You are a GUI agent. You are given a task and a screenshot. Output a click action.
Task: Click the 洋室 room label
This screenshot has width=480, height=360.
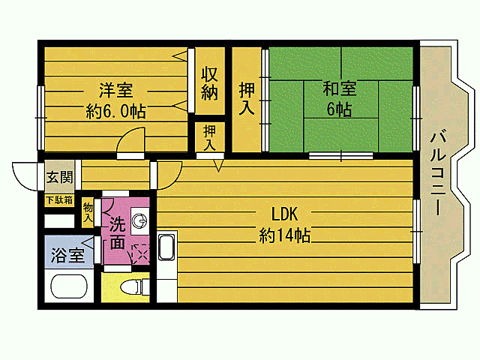[116, 91]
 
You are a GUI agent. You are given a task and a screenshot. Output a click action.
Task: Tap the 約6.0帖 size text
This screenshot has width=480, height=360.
[115, 111]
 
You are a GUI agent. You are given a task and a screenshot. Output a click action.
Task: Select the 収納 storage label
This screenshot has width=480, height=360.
[209, 84]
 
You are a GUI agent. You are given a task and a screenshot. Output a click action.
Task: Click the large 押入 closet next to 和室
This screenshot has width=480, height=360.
[246, 98]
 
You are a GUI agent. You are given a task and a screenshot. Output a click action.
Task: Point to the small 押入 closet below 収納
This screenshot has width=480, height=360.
[209, 136]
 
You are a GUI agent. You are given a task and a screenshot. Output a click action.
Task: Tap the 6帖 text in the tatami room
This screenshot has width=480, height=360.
[339, 109]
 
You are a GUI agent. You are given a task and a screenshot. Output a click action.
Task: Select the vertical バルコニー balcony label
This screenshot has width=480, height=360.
[438, 174]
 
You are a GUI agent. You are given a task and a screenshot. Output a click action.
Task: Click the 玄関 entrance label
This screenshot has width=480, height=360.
[60, 178]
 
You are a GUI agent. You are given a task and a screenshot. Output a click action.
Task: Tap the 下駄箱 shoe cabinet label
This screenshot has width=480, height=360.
[58, 200]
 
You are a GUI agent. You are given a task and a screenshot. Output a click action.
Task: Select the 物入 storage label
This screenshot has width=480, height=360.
[88, 211]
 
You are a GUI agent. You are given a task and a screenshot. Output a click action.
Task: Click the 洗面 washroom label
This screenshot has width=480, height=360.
[118, 232]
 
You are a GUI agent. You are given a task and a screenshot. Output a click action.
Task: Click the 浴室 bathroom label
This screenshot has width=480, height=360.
[67, 255]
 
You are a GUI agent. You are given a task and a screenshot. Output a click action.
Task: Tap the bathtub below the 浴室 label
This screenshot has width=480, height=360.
[68, 288]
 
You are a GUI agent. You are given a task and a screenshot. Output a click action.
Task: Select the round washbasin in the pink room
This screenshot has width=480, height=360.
[139, 220]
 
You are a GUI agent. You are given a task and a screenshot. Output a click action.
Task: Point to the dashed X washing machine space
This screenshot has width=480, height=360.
[139, 253]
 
